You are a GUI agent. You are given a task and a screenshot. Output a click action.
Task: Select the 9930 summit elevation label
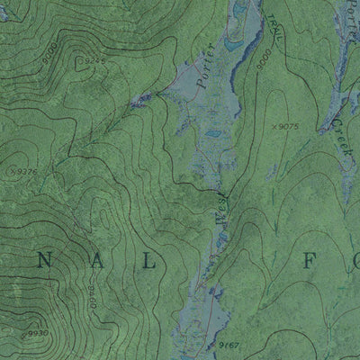(x=36, y=334)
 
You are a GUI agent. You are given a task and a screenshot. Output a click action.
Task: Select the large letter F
(x=329, y=263)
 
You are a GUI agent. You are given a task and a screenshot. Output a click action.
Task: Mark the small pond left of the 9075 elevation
(x=214, y=135)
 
